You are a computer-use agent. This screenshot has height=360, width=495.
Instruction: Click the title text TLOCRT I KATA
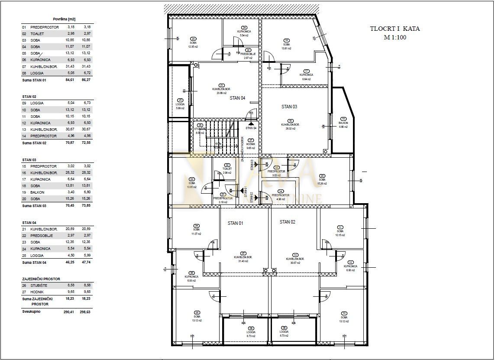(x=395, y=29)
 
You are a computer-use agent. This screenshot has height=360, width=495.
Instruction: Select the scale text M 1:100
(x=395, y=37)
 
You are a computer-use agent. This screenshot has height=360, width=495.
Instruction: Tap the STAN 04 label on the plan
(x=237, y=98)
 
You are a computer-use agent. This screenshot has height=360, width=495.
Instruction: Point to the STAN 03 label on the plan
(x=289, y=107)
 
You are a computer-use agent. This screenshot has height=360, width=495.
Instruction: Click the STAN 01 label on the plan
(x=236, y=223)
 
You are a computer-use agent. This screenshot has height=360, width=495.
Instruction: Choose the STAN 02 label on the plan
(x=287, y=222)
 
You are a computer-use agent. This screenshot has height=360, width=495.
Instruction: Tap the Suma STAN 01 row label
(x=34, y=80)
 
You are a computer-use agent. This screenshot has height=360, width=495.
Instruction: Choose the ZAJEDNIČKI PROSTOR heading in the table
(x=41, y=279)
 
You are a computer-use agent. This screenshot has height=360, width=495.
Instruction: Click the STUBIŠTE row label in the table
(x=39, y=285)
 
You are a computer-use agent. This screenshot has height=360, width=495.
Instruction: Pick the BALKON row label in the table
(x=37, y=192)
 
